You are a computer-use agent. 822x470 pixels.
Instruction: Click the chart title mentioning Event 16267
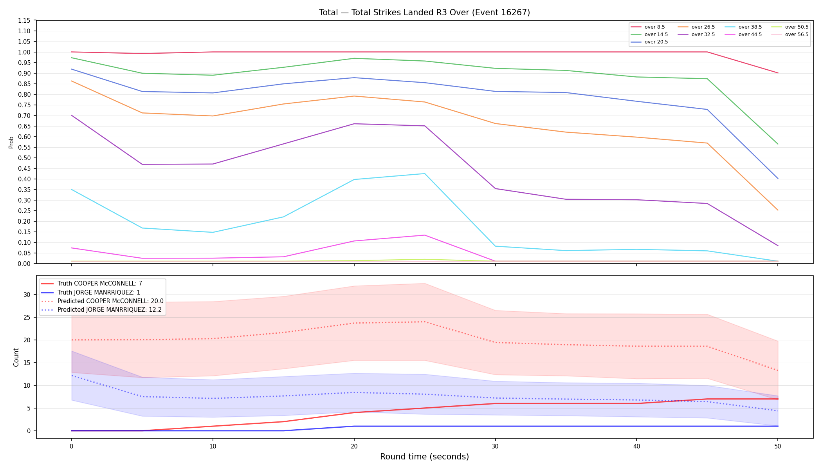424,13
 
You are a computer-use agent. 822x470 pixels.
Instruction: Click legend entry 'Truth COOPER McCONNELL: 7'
92,284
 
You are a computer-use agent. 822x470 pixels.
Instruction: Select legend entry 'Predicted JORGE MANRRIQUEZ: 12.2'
103,309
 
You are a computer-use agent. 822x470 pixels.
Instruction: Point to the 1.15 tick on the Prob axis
24,20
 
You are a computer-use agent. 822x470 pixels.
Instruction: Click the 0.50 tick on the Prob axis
24,158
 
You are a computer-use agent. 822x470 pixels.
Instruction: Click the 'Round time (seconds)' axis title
424,457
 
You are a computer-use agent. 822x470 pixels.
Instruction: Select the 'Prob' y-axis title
11,142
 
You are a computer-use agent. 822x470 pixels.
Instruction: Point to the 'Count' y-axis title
16,357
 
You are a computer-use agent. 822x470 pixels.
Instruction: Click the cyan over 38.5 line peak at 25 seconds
425,174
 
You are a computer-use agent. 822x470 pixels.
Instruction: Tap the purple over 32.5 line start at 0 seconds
72,115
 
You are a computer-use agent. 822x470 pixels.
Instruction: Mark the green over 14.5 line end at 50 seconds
778,144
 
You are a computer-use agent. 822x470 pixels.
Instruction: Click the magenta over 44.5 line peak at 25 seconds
425,235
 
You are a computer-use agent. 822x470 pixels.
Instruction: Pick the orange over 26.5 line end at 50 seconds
778,210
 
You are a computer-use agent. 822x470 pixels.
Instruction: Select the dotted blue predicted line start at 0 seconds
72,375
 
